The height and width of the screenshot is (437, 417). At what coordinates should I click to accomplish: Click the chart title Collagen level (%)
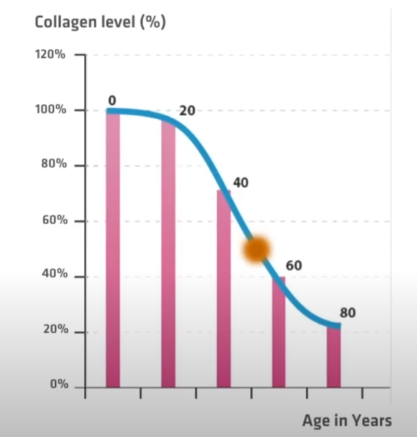point(100,22)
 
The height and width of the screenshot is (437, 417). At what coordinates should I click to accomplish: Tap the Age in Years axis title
point(347,420)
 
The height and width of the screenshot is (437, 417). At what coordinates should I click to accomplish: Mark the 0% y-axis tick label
point(58,384)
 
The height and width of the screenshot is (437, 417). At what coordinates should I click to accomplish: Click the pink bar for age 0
point(112,248)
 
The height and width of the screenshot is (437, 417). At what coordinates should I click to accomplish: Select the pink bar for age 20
point(168,255)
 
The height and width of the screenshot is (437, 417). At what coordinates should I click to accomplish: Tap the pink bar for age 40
point(223,289)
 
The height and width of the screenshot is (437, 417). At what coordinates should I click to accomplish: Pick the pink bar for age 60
point(279,332)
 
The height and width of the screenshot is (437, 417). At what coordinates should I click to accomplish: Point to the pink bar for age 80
point(334,357)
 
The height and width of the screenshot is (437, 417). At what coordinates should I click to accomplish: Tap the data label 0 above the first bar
point(112,100)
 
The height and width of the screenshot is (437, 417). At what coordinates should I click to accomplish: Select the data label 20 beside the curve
point(187,111)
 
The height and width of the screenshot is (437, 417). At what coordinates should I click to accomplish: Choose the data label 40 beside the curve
point(240,183)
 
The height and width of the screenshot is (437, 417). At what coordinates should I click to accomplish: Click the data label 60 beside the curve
point(294,266)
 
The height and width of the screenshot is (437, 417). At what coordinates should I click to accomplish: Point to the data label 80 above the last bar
point(347,312)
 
